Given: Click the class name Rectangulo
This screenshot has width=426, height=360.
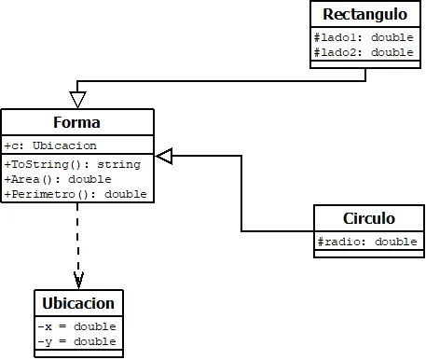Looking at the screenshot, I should [x=364, y=15].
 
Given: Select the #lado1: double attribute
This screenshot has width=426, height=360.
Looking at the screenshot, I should [x=364, y=38].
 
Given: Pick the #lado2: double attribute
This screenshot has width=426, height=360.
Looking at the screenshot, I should [x=364, y=53].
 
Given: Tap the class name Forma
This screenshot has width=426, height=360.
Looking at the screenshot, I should [x=77, y=123].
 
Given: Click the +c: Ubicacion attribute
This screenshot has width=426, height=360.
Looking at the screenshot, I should [x=50, y=145].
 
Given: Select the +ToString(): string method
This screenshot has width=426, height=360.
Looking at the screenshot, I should [x=72, y=164].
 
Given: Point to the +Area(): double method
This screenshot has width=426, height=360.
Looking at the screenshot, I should [x=58, y=178].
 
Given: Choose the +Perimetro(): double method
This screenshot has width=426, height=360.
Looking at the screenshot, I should [x=76, y=194].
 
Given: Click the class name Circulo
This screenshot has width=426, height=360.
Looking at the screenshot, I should [x=368, y=219].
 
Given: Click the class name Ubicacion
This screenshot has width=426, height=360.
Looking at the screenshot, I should [x=78, y=304].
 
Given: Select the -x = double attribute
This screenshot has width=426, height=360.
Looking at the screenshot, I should [x=76, y=326].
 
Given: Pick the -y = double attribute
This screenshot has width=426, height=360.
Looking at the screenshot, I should [x=76, y=341].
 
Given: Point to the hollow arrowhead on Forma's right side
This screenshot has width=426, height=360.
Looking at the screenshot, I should [x=164, y=157].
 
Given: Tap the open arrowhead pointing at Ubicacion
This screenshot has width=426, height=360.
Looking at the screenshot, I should [x=78, y=281].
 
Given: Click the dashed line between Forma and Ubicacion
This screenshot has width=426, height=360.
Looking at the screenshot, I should [x=78, y=238].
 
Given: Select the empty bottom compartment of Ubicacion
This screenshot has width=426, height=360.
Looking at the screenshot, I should [x=78, y=353].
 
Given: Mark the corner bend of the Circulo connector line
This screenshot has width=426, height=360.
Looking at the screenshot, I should [x=242, y=230].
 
